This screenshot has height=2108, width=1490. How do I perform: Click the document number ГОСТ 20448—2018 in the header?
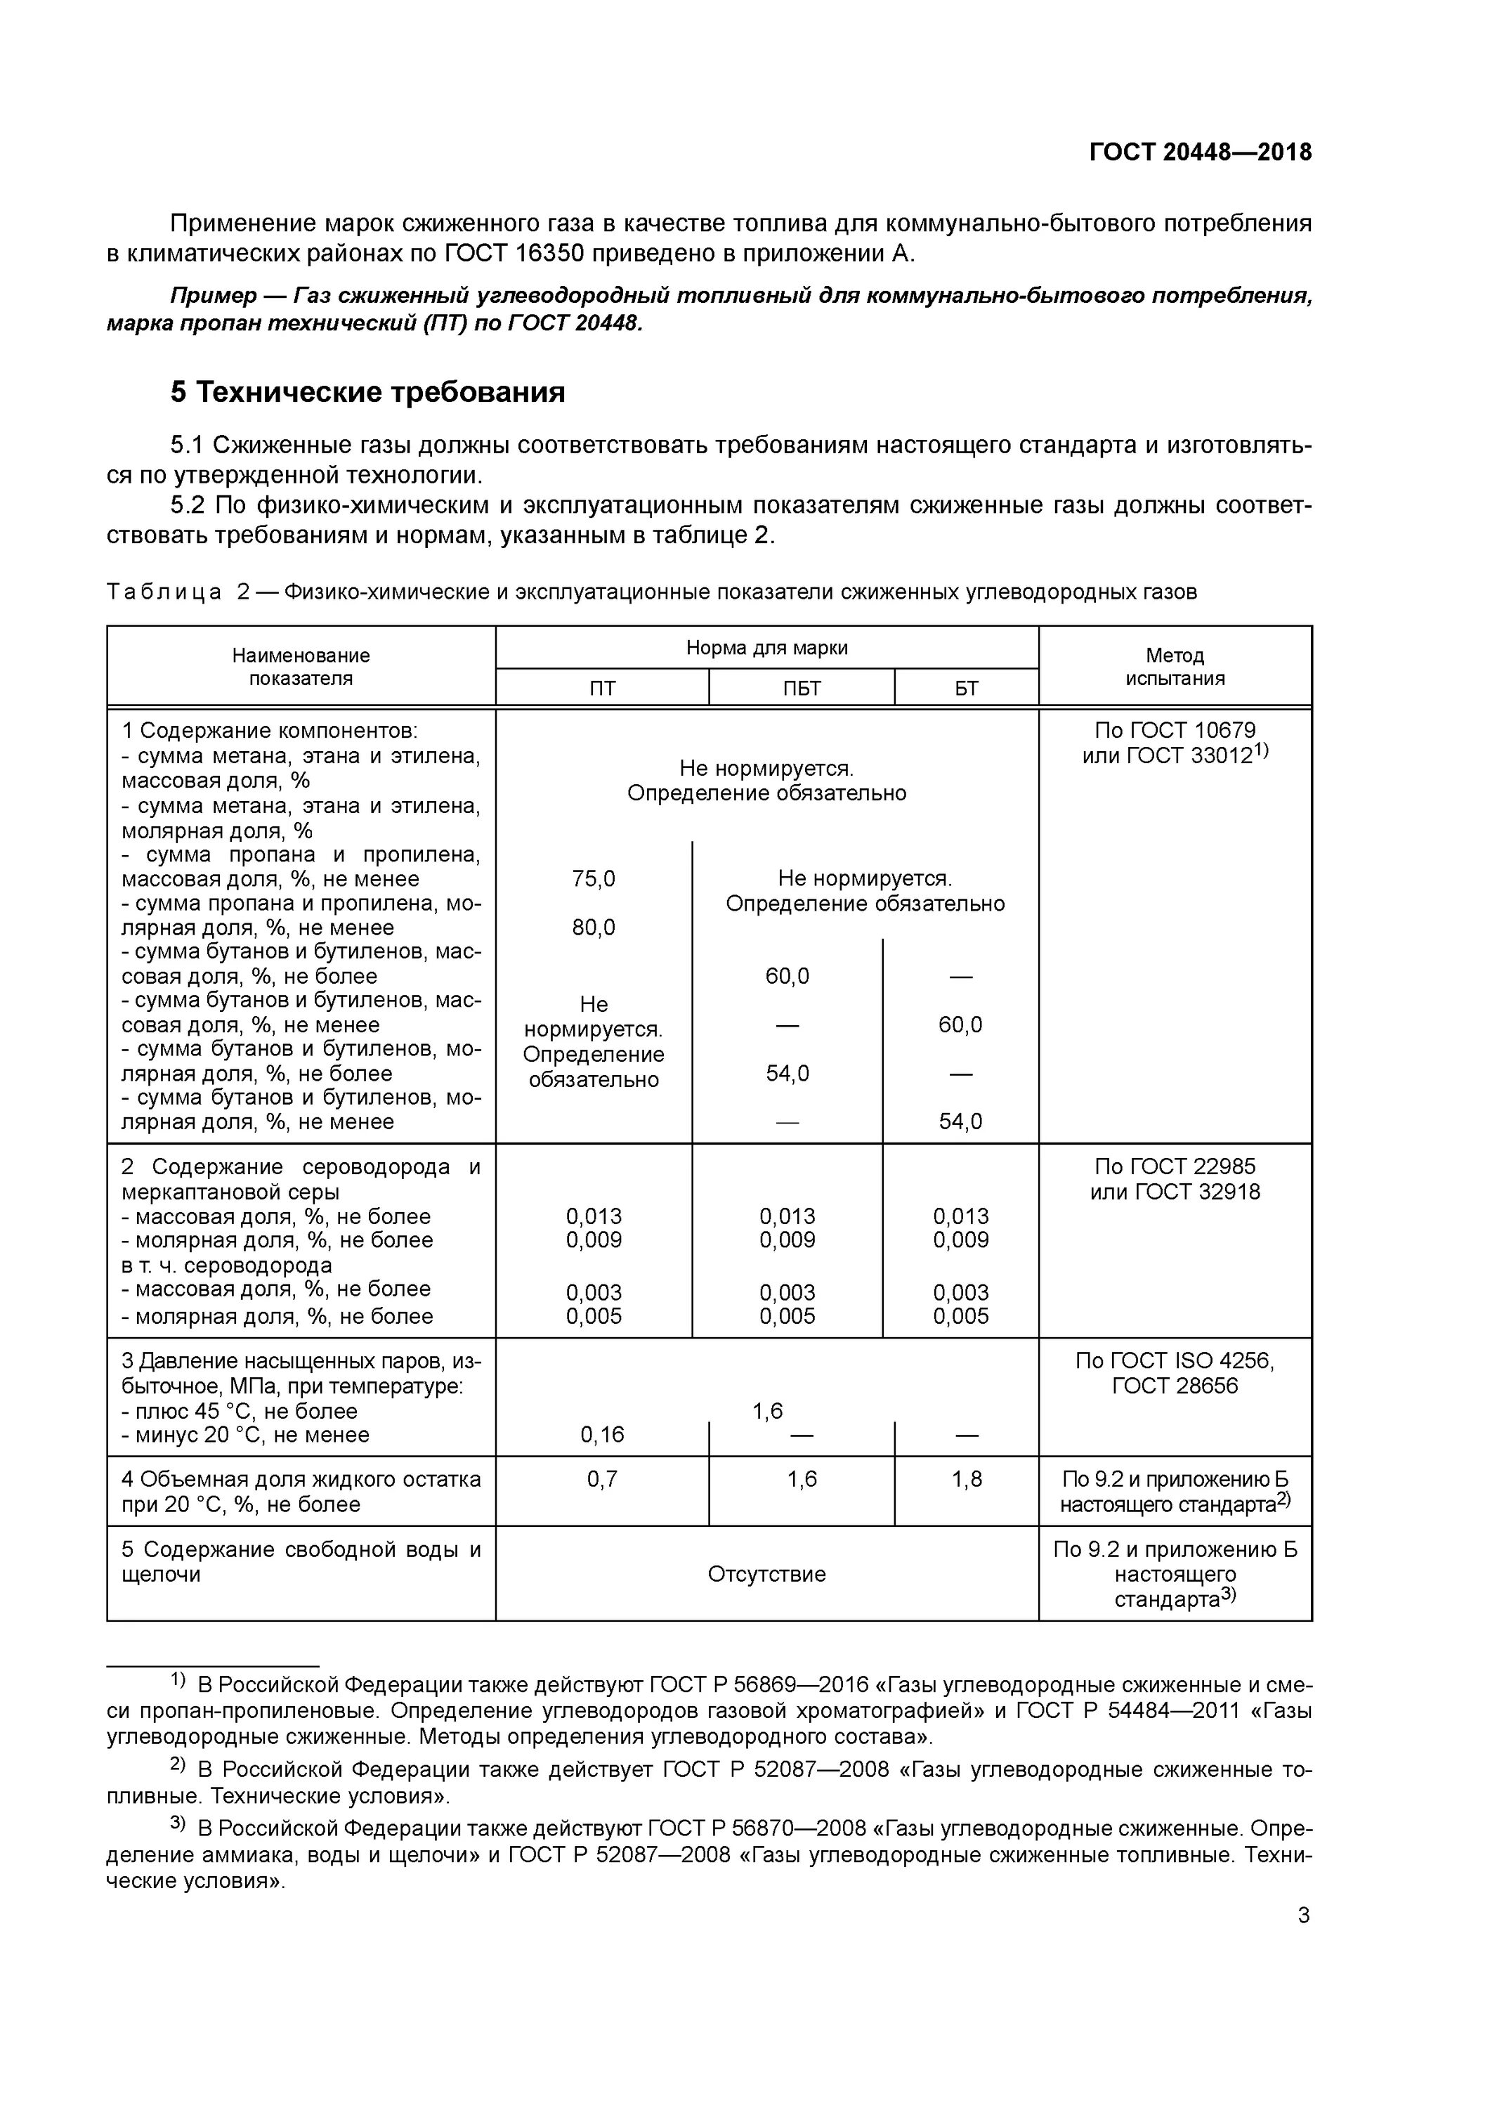click(1200, 152)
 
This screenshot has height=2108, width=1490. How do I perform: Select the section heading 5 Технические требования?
click(367, 392)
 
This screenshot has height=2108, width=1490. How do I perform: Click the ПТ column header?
click(602, 689)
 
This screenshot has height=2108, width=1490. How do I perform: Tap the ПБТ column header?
click(802, 689)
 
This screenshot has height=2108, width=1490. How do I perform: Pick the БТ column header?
click(966, 689)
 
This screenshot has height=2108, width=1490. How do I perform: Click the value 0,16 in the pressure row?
click(602, 1434)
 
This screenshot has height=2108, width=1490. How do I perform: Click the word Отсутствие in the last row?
click(766, 1574)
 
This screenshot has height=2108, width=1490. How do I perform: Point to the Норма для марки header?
click(766, 647)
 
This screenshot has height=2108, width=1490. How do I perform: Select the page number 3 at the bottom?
click(1304, 1915)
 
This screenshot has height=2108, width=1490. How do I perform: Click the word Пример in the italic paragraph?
click(213, 296)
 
